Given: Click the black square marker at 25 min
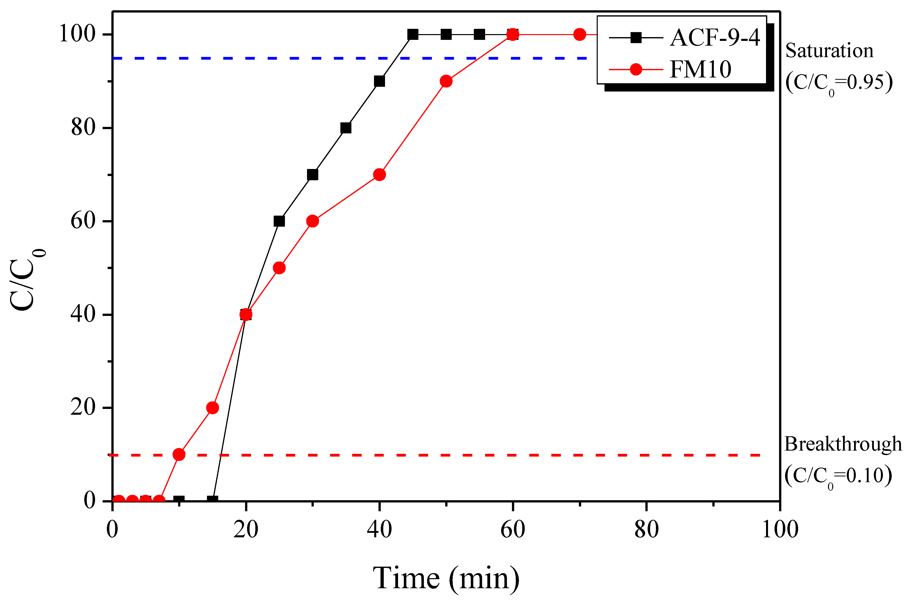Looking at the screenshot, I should pyautogui.click(x=279, y=221).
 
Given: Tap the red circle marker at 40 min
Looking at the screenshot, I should pyautogui.click(x=379, y=175).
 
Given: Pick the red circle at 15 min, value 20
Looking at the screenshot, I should pyautogui.click(x=212, y=407).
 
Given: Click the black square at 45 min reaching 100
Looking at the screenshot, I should pyautogui.click(x=413, y=35).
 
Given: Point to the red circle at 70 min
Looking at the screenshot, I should pyautogui.click(x=580, y=35).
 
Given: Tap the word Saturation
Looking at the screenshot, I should pyautogui.click(x=829, y=51).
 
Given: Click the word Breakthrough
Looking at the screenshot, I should pyautogui.click(x=843, y=444).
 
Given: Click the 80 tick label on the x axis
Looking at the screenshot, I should pyautogui.click(x=646, y=530).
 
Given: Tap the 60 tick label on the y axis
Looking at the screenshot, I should pyautogui.click(x=83, y=221).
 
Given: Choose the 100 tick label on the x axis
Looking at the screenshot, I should pyautogui.click(x=780, y=530).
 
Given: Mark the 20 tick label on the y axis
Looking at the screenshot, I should pyautogui.click(x=83, y=407).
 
